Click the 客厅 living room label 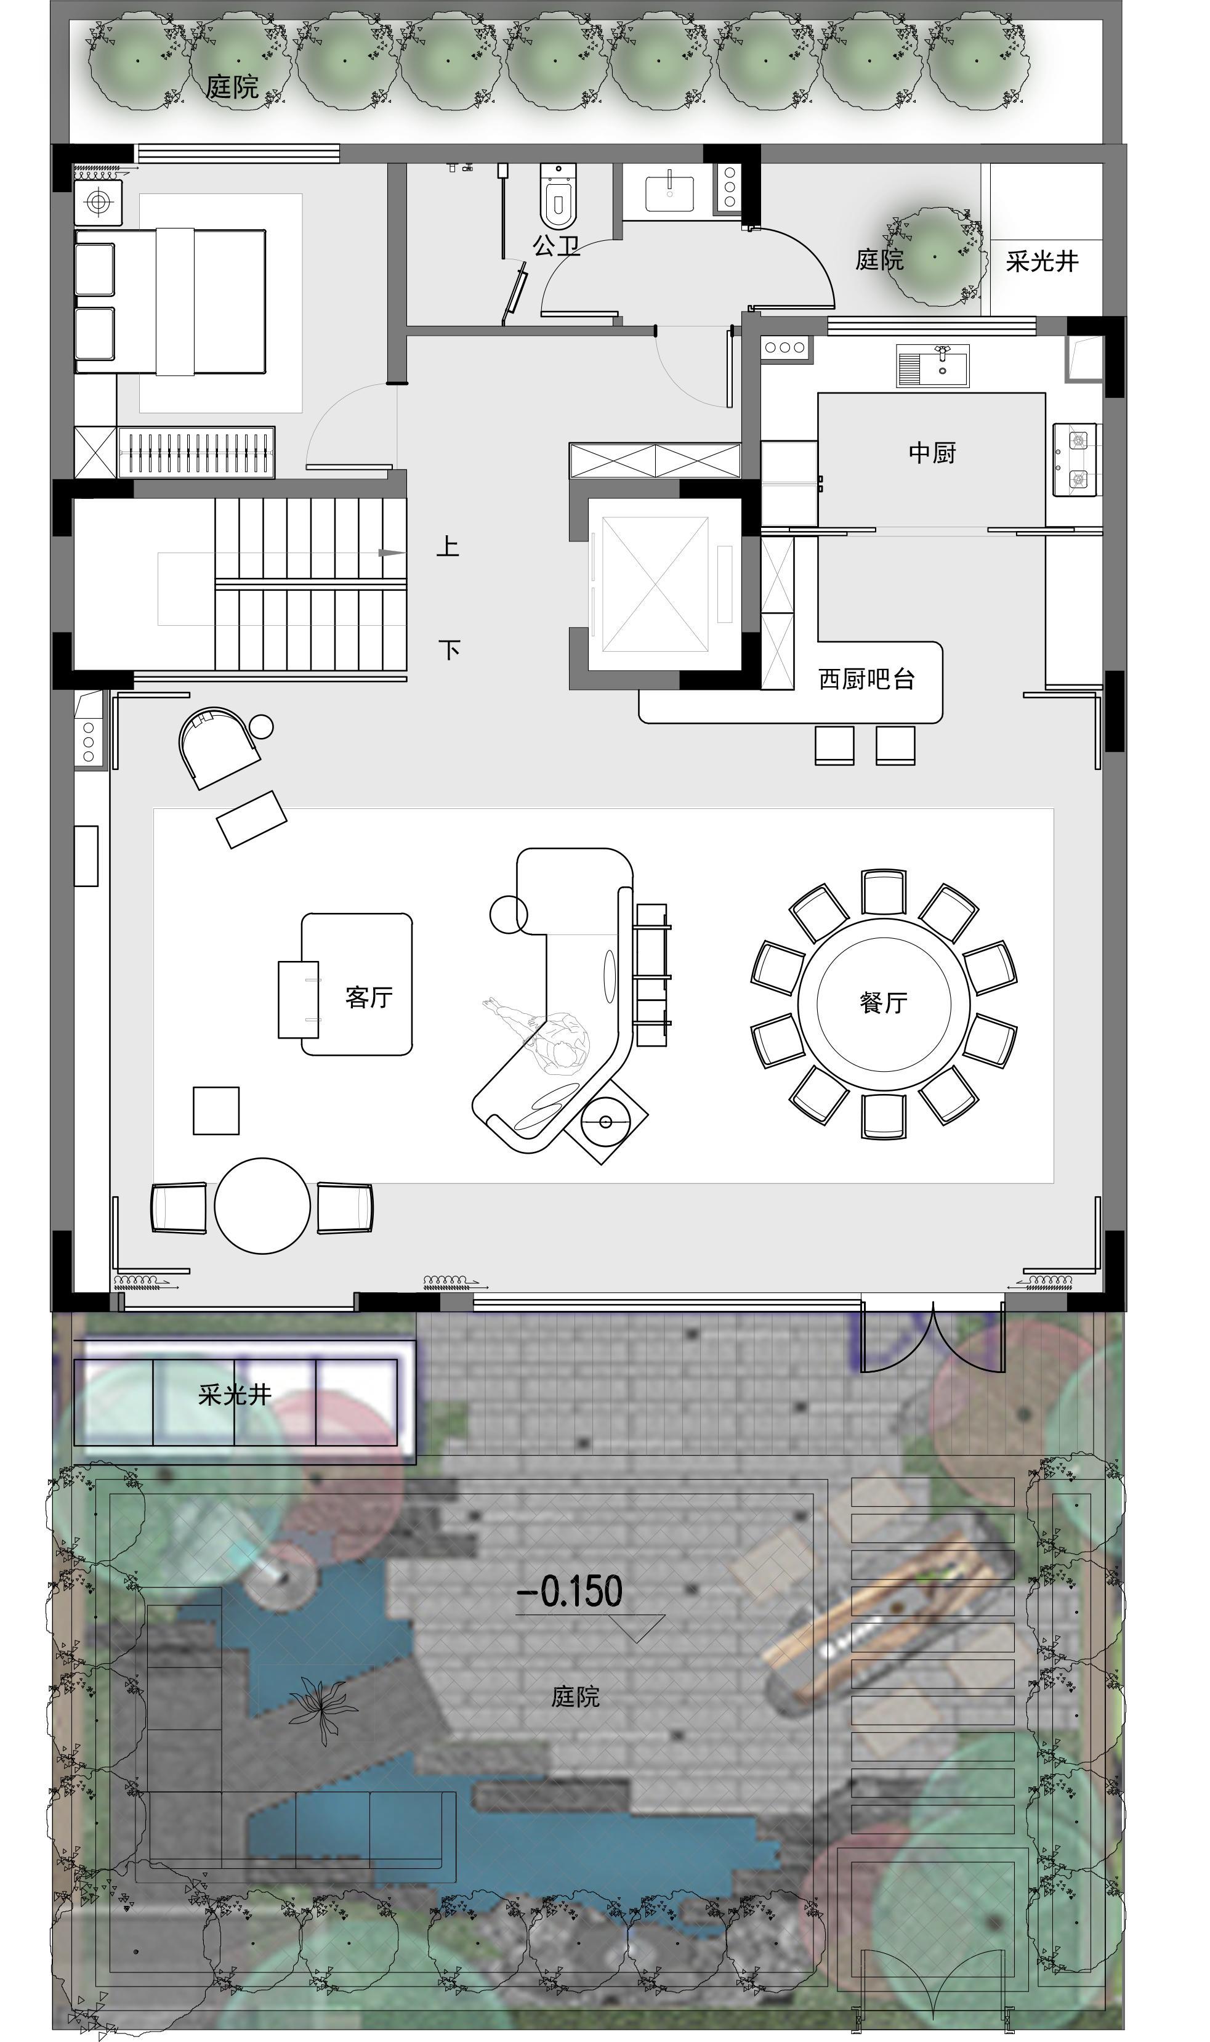[x=369, y=997]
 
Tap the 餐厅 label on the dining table [x=883, y=1002]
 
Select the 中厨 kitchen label [x=932, y=453]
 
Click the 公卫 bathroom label [x=557, y=245]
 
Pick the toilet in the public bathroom [x=559, y=196]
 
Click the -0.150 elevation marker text [x=571, y=1591]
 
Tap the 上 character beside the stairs [x=448, y=546]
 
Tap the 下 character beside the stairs [x=450, y=650]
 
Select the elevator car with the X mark [x=656, y=584]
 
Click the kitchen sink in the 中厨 [x=934, y=365]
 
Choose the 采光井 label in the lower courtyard [x=235, y=1395]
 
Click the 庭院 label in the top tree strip [x=232, y=86]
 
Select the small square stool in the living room [x=216, y=1111]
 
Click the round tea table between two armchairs [x=262, y=1205]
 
